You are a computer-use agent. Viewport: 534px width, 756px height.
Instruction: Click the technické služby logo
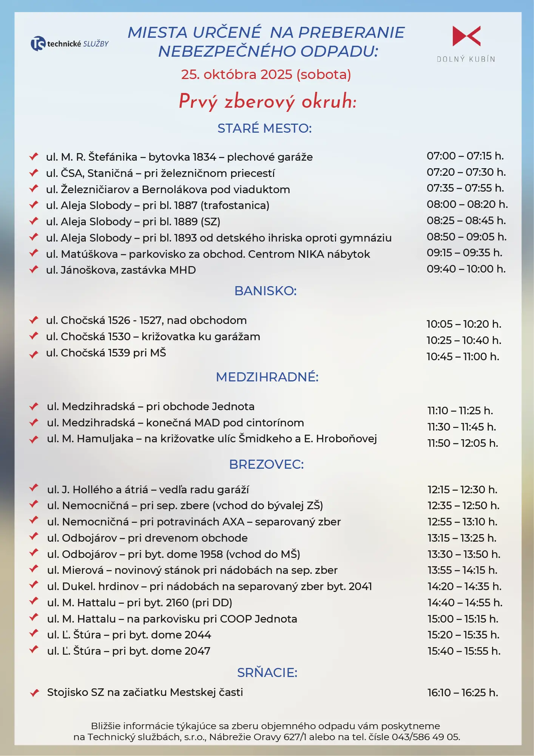point(69,44)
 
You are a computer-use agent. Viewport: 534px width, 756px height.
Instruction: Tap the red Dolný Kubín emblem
point(466,36)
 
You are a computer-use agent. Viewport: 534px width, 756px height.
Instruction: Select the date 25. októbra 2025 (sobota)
point(266,74)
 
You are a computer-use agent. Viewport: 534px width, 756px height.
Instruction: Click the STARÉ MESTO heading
point(264,129)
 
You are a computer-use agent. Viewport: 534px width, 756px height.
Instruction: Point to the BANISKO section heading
point(265,291)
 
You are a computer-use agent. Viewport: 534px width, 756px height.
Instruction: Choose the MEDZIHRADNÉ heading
point(267,377)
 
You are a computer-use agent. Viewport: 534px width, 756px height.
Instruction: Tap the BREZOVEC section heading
point(266,465)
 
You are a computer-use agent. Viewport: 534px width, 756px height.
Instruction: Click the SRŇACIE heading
point(267,673)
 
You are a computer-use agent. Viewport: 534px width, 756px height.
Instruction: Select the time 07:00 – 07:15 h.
point(465,156)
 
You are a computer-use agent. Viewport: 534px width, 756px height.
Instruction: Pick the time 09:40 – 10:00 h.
point(466,269)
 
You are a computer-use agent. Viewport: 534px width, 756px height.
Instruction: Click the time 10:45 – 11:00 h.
point(463,357)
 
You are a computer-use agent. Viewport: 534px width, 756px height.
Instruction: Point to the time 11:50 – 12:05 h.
point(463,443)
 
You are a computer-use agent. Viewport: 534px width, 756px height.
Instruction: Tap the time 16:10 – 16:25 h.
point(463,693)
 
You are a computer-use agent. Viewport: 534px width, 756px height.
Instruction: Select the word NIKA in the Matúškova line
point(311,254)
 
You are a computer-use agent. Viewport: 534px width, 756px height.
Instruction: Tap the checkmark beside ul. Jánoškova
point(34,270)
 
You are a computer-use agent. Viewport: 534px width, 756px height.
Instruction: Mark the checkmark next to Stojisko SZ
point(34,692)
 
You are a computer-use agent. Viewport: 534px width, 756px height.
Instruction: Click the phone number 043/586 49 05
point(426,737)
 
